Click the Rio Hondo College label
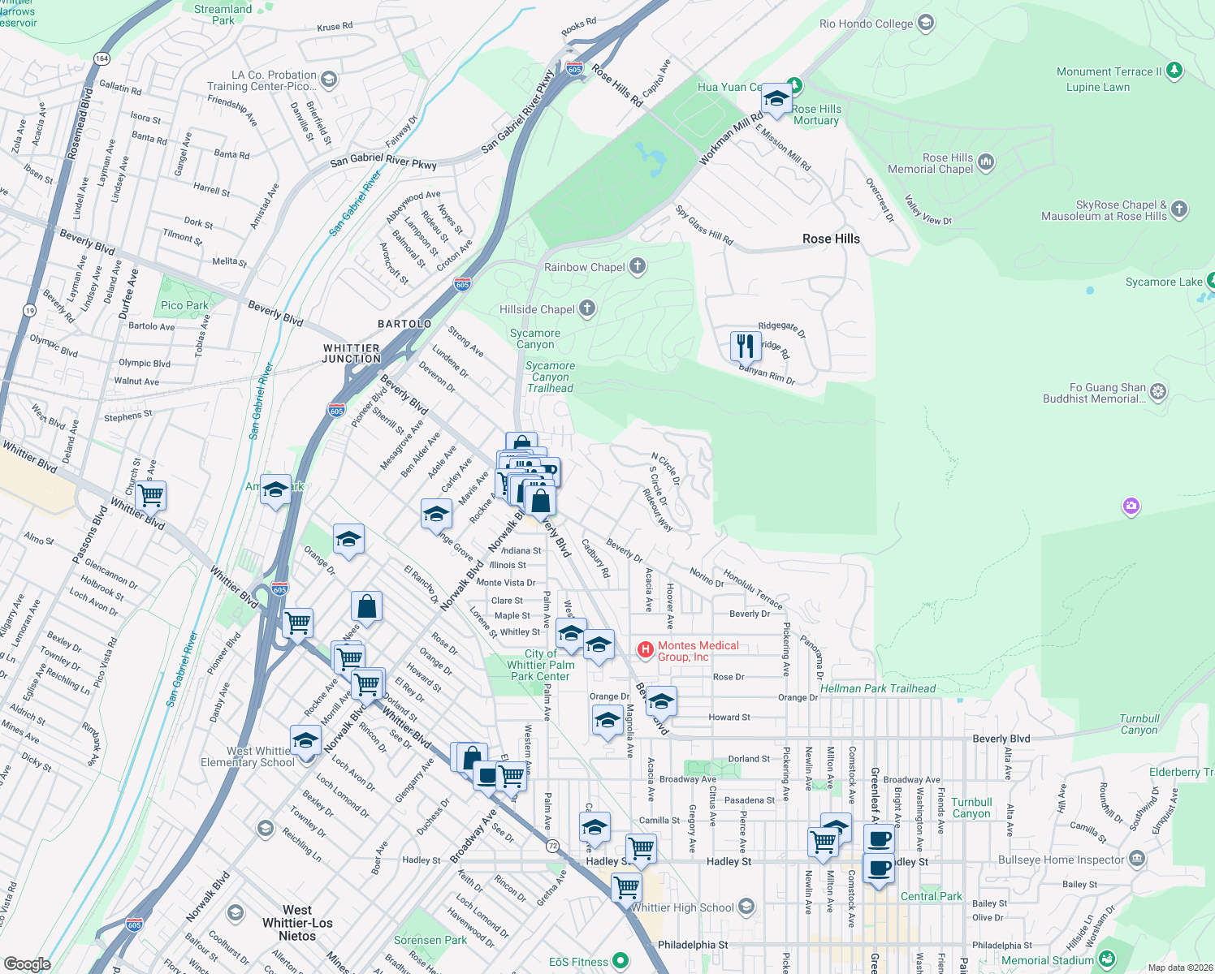866,24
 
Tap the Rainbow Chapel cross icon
638,266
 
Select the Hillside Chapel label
537,309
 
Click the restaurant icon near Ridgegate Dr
745,346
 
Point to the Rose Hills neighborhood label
831,239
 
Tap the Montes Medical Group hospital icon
645,649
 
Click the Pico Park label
184,306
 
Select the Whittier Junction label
352,353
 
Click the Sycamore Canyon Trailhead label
550,377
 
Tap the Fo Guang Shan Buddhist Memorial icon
1158,392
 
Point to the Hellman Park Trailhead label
878,688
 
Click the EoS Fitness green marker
620,961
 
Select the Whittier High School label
682,907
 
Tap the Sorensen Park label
430,940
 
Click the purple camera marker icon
1131,507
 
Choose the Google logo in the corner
27,963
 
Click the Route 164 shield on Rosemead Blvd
102,58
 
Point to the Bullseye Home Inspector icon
1137,859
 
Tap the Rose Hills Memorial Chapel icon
986,162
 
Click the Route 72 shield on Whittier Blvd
553,846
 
